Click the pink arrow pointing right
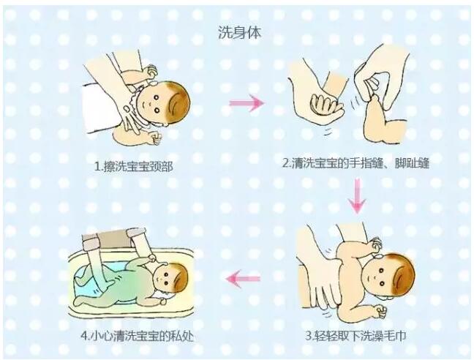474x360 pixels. [x=247, y=103]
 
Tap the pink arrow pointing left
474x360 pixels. [x=243, y=278]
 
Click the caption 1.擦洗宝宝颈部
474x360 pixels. [x=135, y=165]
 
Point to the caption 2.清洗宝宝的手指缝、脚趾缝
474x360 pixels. [x=355, y=164]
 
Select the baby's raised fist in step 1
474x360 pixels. [x=150, y=71]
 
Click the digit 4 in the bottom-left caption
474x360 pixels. [x=83, y=337]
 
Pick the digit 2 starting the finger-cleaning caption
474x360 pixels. [x=287, y=164]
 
